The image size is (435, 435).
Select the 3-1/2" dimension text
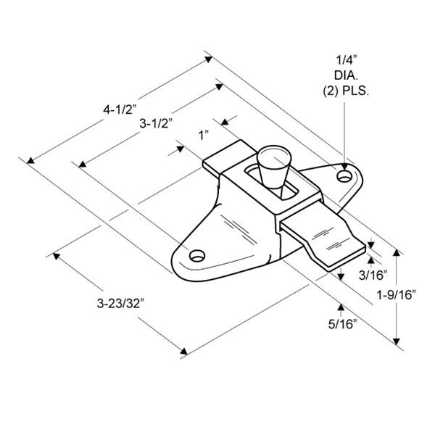click(155, 123)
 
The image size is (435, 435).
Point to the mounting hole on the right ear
click(344, 175)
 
